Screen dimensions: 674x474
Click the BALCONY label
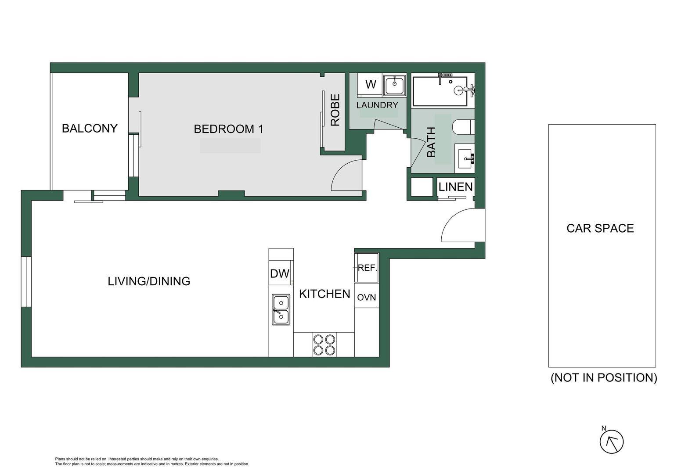click(90, 129)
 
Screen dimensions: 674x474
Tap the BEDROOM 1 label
click(228, 129)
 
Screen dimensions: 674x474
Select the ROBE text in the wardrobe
click(335, 110)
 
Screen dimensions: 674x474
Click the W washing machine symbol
click(371, 85)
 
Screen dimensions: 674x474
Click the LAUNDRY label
click(377, 105)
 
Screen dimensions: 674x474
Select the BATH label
click(431, 142)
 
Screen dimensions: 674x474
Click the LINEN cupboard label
click(455, 187)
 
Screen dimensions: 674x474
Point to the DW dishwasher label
click(280, 274)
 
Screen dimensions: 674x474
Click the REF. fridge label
click(368, 268)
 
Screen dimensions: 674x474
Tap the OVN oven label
click(367, 298)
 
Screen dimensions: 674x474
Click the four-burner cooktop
click(324, 345)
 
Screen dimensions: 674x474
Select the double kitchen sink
click(281, 309)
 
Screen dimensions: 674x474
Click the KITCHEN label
click(324, 294)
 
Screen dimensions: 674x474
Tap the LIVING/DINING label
click(149, 281)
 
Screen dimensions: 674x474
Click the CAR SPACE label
click(600, 228)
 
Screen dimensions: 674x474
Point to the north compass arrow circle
click(611, 442)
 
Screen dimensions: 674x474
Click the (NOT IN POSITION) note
click(604, 377)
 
